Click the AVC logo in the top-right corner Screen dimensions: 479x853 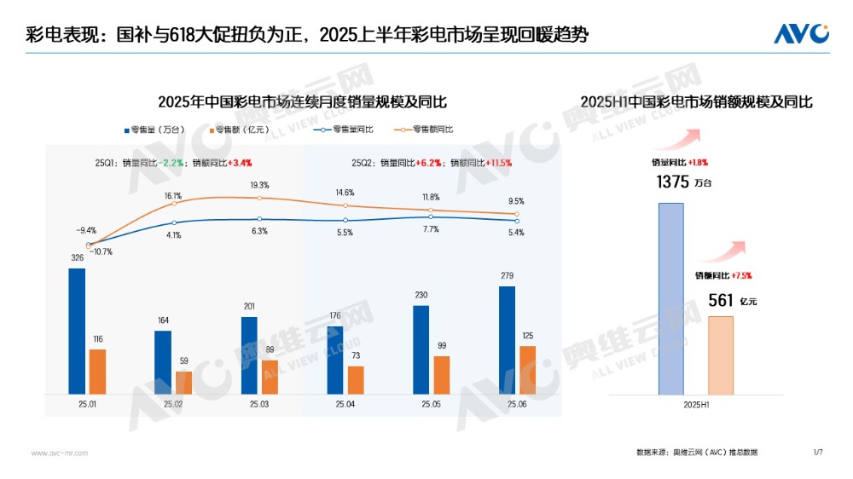point(801,33)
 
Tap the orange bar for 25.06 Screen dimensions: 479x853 point(527,370)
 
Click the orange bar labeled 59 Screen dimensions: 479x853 point(184,383)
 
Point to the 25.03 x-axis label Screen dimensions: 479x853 point(259,404)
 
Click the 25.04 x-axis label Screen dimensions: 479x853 point(345,404)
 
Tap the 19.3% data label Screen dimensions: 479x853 point(259,185)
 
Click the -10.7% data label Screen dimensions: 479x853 point(99,251)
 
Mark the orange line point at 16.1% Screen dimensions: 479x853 point(174,203)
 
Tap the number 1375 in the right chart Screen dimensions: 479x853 point(672,182)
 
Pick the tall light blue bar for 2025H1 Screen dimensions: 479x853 point(671,298)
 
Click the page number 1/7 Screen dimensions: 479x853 point(818,452)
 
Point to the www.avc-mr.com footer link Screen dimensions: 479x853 point(60,453)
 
